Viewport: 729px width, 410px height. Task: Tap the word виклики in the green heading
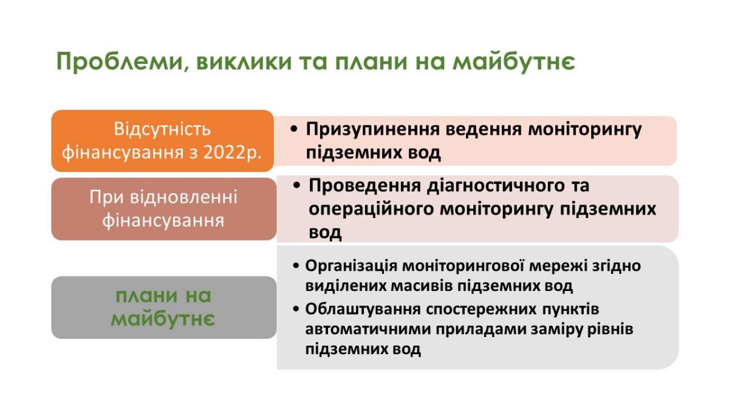point(244,61)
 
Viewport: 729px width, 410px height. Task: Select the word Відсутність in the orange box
point(162,129)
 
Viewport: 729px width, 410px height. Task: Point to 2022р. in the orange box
point(232,152)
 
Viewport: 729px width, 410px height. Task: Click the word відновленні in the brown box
point(183,197)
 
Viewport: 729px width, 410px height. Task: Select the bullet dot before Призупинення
point(294,129)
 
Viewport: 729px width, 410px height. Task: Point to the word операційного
point(371,209)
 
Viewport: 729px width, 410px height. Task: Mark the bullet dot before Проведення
point(296,185)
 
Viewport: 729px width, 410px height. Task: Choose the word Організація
point(351,266)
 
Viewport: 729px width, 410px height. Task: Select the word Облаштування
point(363,309)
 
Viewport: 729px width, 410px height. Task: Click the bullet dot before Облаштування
point(296,309)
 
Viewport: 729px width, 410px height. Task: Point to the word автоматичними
point(368,329)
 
